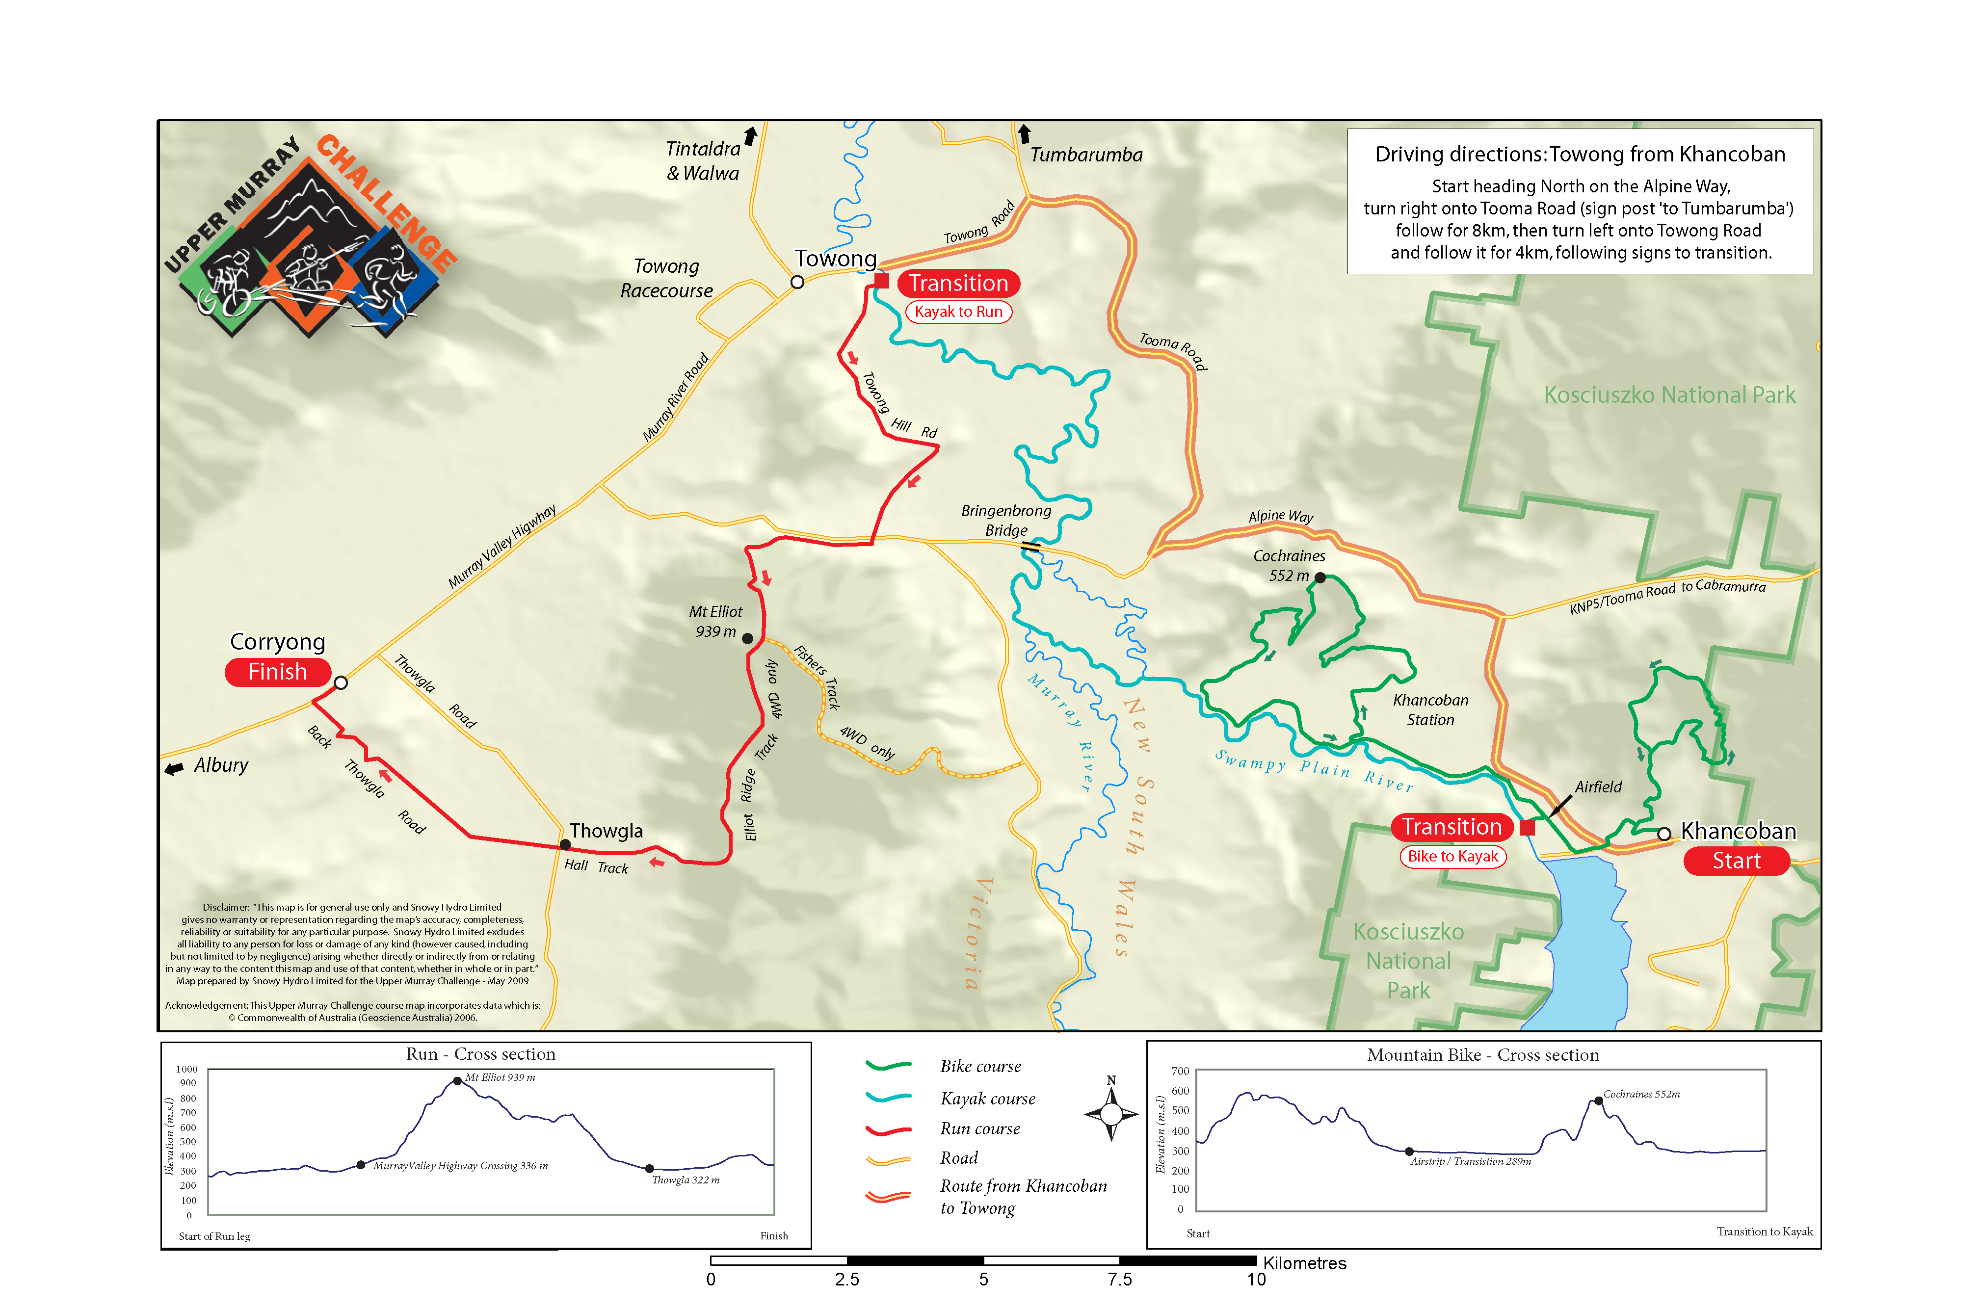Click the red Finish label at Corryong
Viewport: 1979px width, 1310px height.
pyautogui.click(x=277, y=673)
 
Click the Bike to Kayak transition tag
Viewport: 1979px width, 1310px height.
pyautogui.click(x=1452, y=856)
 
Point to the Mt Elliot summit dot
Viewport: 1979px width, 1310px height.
pyautogui.click(x=748, y=638)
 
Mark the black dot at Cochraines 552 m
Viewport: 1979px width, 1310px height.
pyautogui.click(x=1320, y=577)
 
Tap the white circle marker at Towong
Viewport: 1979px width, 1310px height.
pyautogui.click(x=797, y=283)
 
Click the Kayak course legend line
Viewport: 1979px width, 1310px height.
pyautogui.click(x=888, y=1098)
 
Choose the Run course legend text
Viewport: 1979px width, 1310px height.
pyautogui.click(x=980, y=1128)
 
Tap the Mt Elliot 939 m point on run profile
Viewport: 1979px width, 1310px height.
pyautogui.click(x=457, y=1081)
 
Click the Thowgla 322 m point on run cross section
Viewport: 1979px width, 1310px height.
pyautogui.click(x=649, y=1169)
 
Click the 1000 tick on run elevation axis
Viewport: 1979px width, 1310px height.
pyautogui.click(x=187, y=1070)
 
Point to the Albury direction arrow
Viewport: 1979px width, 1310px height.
pyautogui.click(x=174, y=769)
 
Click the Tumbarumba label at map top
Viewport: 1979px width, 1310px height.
pyautogui.click(x=1086, y=155)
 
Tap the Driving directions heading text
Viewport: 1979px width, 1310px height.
pyautogui.click(x=1579, y=155)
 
